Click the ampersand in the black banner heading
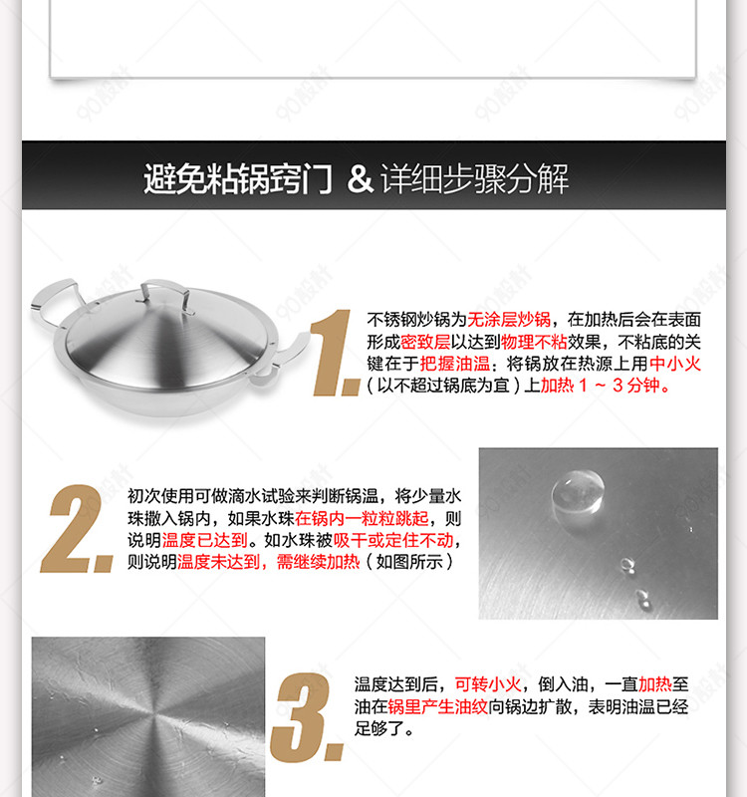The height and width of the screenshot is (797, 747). [360, 178]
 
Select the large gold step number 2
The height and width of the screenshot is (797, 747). [77, 529]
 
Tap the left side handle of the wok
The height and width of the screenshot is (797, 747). [54, 303]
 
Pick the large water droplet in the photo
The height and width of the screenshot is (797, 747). [578, 492]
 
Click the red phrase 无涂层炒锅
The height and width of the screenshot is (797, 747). [509, 320]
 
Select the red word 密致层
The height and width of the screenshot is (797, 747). [425, 342]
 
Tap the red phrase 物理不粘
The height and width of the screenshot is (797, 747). [534, 342]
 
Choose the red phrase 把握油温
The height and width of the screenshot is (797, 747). [454, 364]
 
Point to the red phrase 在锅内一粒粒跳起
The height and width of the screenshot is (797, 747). [362, 518]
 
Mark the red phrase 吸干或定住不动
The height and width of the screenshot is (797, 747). [392, 540]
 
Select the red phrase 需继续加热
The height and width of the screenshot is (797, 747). [318, 562]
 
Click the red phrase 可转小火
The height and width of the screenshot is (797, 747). [488, 684]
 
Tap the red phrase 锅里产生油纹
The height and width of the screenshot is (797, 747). [437, 706]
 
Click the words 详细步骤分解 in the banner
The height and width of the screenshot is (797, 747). [475, 178]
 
